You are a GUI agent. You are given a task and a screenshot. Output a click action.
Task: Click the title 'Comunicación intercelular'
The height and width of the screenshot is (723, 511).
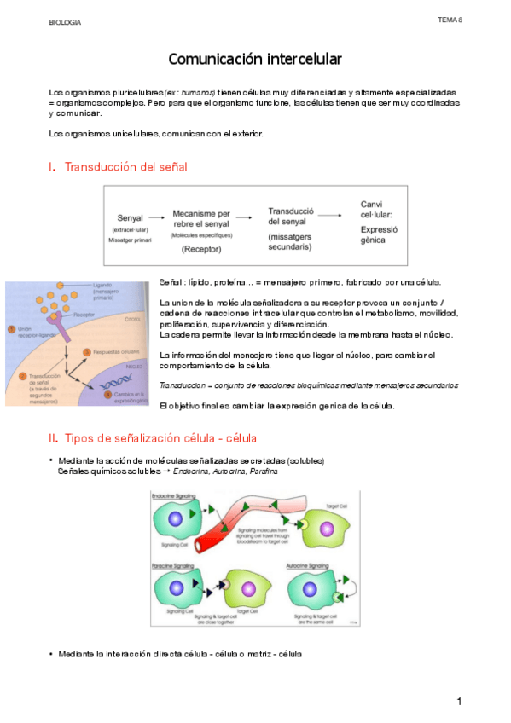click(x=254, y=59)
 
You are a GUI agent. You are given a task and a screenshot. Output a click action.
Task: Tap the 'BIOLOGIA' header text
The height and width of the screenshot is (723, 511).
click(x=66, y=22)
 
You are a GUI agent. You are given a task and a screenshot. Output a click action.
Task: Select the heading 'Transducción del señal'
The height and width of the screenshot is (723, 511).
click(x=125, y=166)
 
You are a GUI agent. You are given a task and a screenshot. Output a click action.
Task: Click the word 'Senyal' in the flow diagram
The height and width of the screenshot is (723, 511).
click(x=131, y=218)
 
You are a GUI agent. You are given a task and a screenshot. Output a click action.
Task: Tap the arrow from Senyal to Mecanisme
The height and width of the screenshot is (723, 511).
click(x=156, y=218)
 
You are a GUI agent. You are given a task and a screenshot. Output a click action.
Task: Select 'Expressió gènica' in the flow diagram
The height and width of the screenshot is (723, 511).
click(x=380, y=234)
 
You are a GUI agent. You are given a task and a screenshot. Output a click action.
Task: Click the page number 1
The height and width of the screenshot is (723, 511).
click(x=458, y=701)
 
